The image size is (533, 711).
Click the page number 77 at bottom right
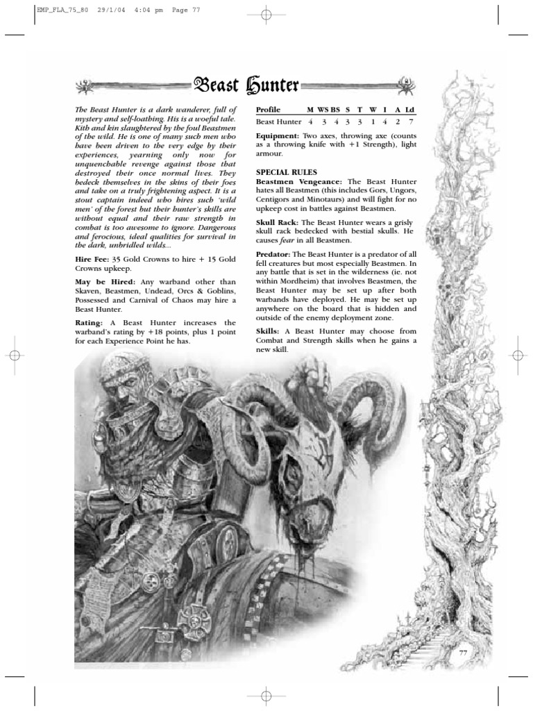coord(464,653)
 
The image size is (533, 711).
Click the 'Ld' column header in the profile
coord(409,110)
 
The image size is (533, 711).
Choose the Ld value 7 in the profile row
coord(410,122)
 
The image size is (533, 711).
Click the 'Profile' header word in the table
coord(269,110)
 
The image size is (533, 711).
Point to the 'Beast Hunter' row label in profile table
coord(278,122)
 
